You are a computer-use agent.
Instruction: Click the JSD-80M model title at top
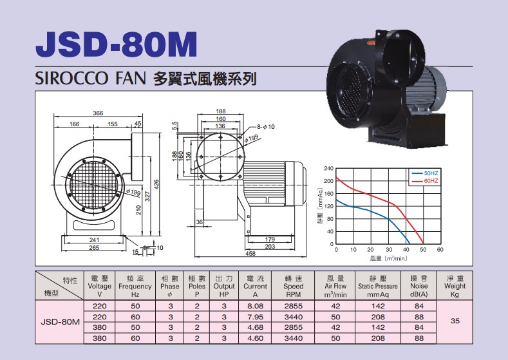pos(117,44)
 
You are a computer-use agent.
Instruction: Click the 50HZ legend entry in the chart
pos(425,173)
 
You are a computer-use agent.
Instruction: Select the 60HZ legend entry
pos(425,181)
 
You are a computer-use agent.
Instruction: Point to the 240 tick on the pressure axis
pos(328,169)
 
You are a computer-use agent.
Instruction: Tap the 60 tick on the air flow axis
pos(440,250)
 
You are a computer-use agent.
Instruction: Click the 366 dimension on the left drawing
pos(98,113)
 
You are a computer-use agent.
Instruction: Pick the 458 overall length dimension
pos(250,254)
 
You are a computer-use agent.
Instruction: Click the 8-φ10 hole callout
pos(266,127)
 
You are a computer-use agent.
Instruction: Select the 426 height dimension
pos(156,185)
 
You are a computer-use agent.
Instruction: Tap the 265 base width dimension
pos(94,248)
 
